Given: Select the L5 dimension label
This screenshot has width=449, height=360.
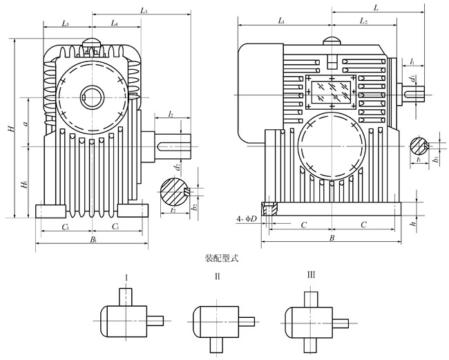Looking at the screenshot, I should (x=64, y=24).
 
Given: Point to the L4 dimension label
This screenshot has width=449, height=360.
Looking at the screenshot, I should (x=115, y=24).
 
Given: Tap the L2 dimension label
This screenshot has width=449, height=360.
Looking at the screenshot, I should (x=363, y=23).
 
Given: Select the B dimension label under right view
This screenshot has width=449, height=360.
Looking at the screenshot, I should (x=332, y=238).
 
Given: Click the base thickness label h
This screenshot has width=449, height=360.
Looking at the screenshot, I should (x=412, y=225).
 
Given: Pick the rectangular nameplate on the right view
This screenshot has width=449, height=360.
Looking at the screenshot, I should (x=330, y=93).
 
